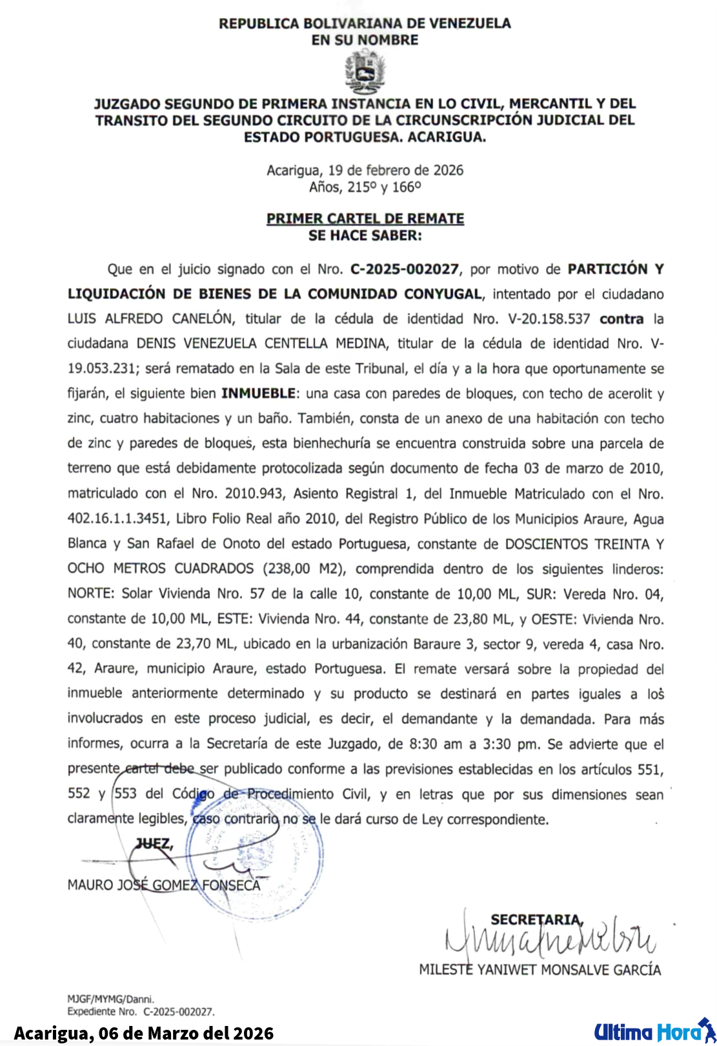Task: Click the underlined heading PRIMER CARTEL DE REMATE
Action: tap(365, 219)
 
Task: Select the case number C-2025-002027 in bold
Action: tap(405, 269)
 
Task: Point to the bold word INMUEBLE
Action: tap(259, 393)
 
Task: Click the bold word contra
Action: tap(621, 319)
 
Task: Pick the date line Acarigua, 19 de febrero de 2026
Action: tap(365, 170)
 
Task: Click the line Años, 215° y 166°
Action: tap(365, 187)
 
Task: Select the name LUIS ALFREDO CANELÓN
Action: tap(150, 319)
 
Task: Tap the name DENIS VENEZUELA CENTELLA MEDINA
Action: tap(263, 344)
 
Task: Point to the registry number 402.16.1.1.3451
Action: tap(117, 519)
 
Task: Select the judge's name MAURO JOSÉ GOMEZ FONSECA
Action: tap(164, 885)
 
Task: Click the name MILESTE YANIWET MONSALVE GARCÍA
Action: tap(540, 970)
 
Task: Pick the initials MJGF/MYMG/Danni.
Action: tap(111, 999)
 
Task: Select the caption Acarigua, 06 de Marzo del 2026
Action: tap(144, 1033)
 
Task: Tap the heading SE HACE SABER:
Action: tap(365, 236)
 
